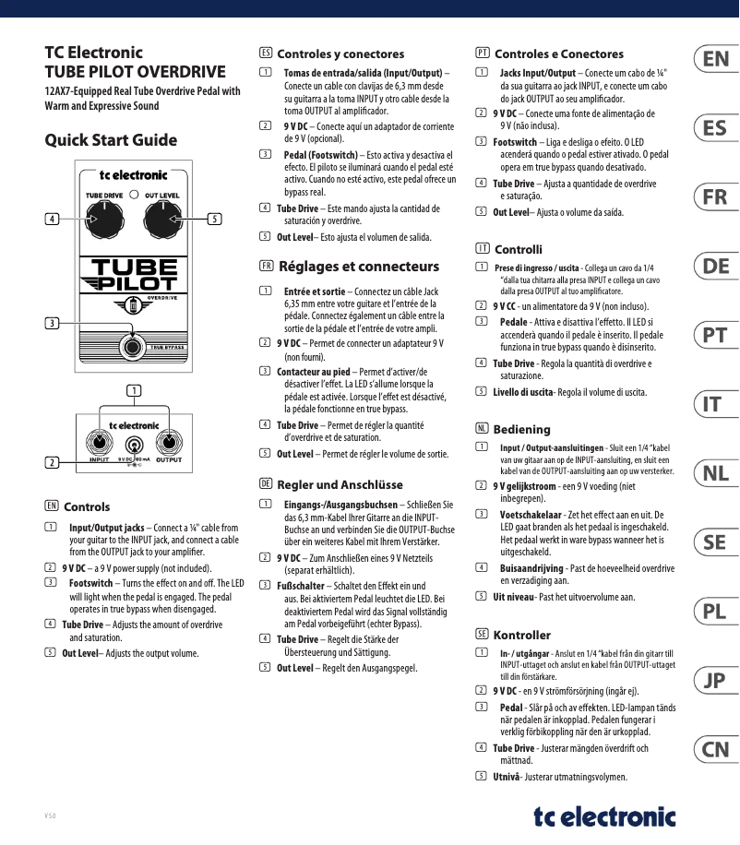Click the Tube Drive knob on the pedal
tap(104, 220)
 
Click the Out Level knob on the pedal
tap(163, 220)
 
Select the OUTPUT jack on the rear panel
tap(169, 442)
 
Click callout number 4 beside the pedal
tap(53, 220)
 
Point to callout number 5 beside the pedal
tap(214, 220)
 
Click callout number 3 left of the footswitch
tap(53, 322)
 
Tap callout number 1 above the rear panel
tap(135, 390)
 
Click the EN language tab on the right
tap(715, 60)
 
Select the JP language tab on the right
tap(715, 681)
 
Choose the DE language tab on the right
tap(715, 267)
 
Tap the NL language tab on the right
tap(715, 473)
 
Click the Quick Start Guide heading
tap(111, 140)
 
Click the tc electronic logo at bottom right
tap(604, 816)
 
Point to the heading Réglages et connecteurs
tap(359, 267)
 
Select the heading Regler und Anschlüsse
tap(340, 484)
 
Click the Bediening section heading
tap(521, 429)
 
